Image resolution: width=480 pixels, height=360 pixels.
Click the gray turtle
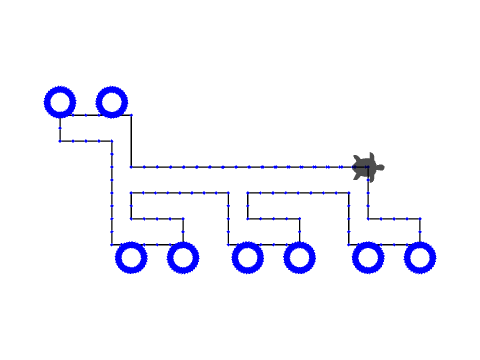click(367, 167)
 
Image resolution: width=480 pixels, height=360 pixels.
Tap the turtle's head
click(380, 167)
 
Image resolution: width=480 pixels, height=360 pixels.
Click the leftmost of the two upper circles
click(60, 101)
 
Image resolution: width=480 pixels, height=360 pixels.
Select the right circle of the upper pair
click(111, 101)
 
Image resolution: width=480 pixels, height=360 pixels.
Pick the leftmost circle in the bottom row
click(130, 257)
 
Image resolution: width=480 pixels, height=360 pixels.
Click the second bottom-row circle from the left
click(182, 257)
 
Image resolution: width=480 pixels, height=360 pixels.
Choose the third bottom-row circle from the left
click(247, 257)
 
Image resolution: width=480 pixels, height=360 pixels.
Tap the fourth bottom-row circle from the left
click(299, 257)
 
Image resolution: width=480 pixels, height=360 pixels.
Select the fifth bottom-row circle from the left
click(367, 257)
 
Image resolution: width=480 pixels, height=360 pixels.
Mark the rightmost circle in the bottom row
click(420, 257)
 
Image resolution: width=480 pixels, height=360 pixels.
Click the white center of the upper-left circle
click(60, 101)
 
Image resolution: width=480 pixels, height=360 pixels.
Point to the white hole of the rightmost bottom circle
click(420, 257)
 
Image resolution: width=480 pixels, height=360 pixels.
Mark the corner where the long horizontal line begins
click(131, 167)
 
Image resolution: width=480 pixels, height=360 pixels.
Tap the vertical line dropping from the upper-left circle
click(60, 128)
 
